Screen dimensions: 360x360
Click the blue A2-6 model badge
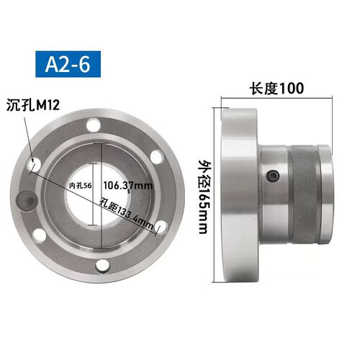click(68, 64)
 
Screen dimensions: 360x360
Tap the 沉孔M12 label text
click(33, 105)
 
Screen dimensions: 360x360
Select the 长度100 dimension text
click(276, 89)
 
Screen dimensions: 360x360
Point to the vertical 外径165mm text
click(203, 197)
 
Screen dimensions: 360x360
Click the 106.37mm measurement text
click(128, 186)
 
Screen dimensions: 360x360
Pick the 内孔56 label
click(80, 186)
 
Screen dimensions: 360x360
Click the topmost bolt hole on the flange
click(94, 125)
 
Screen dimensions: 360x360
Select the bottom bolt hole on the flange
click(103, 266)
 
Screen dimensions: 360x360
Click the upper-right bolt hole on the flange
click(157, 157)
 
